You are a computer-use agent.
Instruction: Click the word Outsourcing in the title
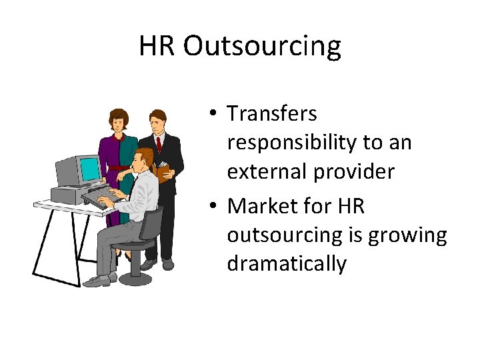pyautogui.click(x=262, y=46)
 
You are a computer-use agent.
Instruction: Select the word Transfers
pyautogui.click(x=272, y=113)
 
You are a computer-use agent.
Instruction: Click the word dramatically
pyautogui.click(x=287, y=264)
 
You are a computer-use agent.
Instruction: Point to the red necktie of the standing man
pyautogui.click(x=159, y=143)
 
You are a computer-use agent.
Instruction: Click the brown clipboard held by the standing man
pyautogui.click(x=163, y=171)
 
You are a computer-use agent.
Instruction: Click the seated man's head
pyautogui.click(x=142, y=160)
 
